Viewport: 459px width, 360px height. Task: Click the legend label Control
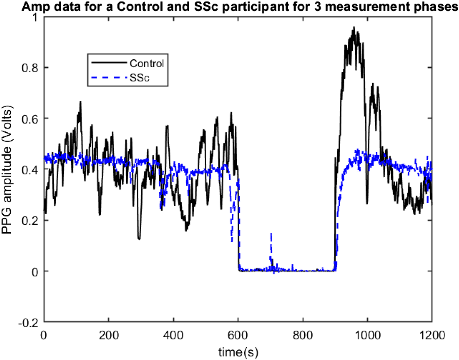click(x=147, y=63)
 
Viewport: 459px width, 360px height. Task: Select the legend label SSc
click(x=139, y=78)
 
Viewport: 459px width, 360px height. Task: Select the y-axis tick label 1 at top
click(x=35, y=17)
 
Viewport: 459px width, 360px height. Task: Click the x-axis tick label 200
click(x=109, y=336)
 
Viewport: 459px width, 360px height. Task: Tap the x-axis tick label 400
click(x=173, y=336)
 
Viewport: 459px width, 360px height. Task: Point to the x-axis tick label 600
click(x=238, y=336)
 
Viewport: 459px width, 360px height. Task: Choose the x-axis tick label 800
click(x=303, y=336)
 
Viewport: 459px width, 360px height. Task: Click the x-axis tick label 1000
click(x=367, y=336)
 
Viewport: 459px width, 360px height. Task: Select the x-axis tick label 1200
click(x=432, y=336)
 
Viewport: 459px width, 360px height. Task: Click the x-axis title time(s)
click(x=238, y=352)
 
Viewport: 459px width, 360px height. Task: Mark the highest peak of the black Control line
click(x=354, y=27)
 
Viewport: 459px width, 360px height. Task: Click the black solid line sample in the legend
click(x=109, y=63)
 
